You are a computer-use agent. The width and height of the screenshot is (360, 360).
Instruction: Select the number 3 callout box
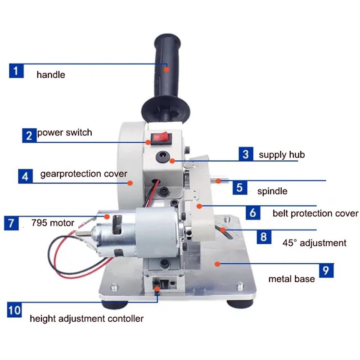click(245, 154)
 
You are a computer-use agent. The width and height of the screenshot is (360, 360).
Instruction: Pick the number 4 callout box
click(25, 176)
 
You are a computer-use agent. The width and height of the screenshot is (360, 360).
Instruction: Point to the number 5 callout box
click(240, 187)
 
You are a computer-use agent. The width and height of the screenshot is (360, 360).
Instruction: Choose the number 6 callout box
click(252, 212)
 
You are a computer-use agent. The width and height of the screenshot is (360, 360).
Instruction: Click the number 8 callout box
click(263, 236)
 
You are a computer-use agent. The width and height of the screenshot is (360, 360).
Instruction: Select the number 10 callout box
click(14, 310)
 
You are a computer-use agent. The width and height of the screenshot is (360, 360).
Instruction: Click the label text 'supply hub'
click(282, 155)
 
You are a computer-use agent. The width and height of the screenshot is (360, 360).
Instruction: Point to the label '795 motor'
click(53, 223)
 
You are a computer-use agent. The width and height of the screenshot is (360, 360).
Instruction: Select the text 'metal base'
click(292, 279)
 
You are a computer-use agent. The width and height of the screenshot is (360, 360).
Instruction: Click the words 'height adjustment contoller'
click(87, 319)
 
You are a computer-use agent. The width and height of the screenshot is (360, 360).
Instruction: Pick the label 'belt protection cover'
click(315, 213)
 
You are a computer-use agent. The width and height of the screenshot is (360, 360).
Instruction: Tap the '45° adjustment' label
click(315, 243)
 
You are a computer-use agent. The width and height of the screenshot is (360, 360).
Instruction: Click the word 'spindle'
click(272, 191)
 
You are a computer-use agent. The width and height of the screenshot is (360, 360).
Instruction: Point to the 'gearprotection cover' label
click(84, 174)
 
